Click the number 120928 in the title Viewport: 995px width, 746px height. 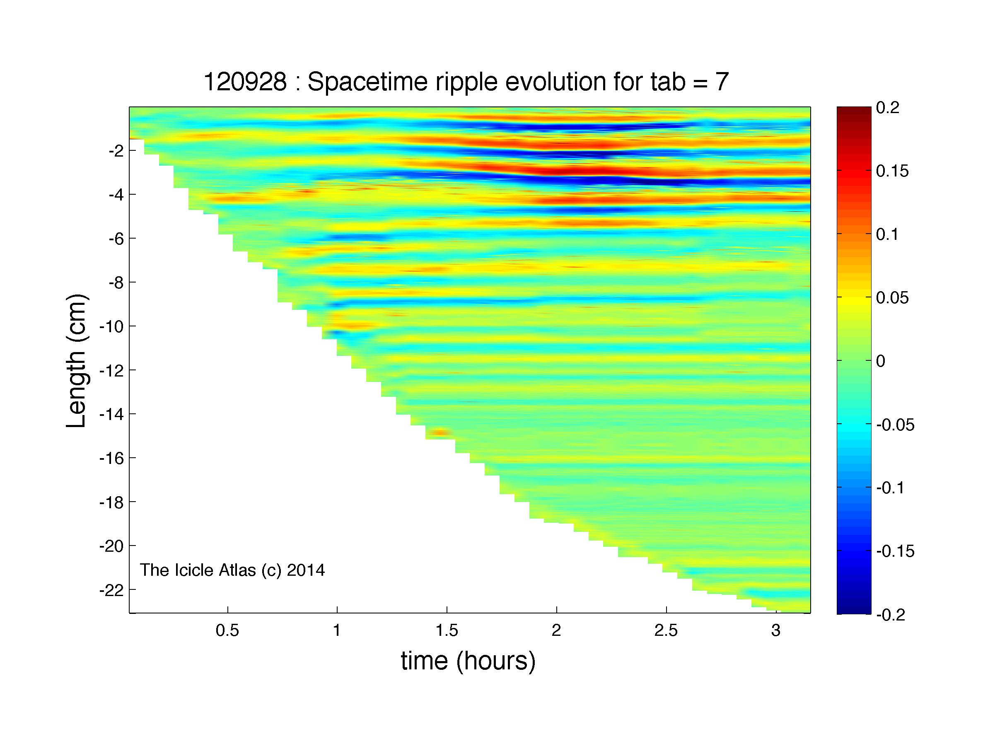[245, 82]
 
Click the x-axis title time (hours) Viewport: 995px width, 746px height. [468, 661]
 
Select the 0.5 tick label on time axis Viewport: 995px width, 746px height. [227, 630]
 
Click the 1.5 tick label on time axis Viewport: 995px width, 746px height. [447, 630]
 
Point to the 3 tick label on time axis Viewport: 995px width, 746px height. [776, 630]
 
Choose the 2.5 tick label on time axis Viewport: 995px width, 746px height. [666, 630]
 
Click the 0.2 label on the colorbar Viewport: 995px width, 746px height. [887, 108]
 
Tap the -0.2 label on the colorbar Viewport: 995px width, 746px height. [891, 615]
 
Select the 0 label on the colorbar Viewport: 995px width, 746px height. [881, 361]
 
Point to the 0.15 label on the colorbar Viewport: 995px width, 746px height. [892, 171]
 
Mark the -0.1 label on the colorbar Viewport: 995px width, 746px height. [891, 488]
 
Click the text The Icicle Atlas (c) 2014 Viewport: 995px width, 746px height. [232, 570]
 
